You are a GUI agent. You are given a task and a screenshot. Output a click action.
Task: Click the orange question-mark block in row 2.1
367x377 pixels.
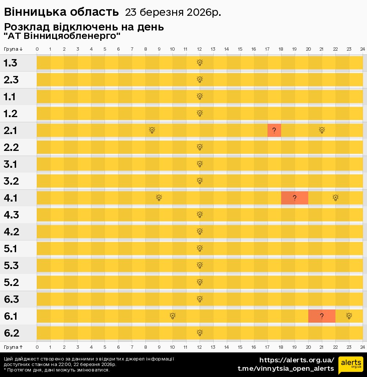click(274, 130)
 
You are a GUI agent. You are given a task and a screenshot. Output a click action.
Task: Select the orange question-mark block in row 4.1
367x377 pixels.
click(294, 198)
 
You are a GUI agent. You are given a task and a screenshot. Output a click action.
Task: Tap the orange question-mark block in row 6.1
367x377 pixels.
click(321, 316)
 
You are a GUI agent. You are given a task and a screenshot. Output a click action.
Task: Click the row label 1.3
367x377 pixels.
click(10, 63)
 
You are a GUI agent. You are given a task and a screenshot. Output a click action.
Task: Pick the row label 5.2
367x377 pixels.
click(11, 282)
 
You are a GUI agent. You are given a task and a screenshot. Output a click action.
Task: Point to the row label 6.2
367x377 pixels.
click(11, 333)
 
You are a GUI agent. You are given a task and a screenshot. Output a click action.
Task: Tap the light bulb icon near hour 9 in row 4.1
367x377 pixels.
click(159, 198)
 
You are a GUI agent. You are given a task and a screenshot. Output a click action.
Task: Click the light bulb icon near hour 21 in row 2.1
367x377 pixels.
click(322, 130)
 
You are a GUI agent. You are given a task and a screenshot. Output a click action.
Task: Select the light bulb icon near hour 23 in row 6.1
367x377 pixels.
click(349, 316)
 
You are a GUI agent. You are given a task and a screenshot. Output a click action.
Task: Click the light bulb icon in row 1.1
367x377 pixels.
click(200, 97)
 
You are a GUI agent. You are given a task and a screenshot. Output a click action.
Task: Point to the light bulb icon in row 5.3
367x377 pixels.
click(200, 265)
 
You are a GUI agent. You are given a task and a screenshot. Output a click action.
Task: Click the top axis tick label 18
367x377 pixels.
click(281, 49)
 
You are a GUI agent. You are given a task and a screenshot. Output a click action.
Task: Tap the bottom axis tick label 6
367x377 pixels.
click(118, 347)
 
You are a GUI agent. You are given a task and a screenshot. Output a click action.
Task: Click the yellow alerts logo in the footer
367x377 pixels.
click(350, 365)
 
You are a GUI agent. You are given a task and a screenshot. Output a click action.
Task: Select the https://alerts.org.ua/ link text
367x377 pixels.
click(297, 360)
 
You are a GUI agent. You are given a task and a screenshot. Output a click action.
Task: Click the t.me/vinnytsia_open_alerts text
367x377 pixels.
click(286, 369)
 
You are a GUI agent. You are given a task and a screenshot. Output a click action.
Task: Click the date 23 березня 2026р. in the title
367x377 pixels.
click(173, 12)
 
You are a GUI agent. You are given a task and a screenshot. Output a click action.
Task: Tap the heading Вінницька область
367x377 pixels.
click(61, 12)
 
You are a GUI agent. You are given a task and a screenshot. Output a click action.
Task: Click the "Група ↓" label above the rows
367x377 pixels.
click(13, 49)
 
